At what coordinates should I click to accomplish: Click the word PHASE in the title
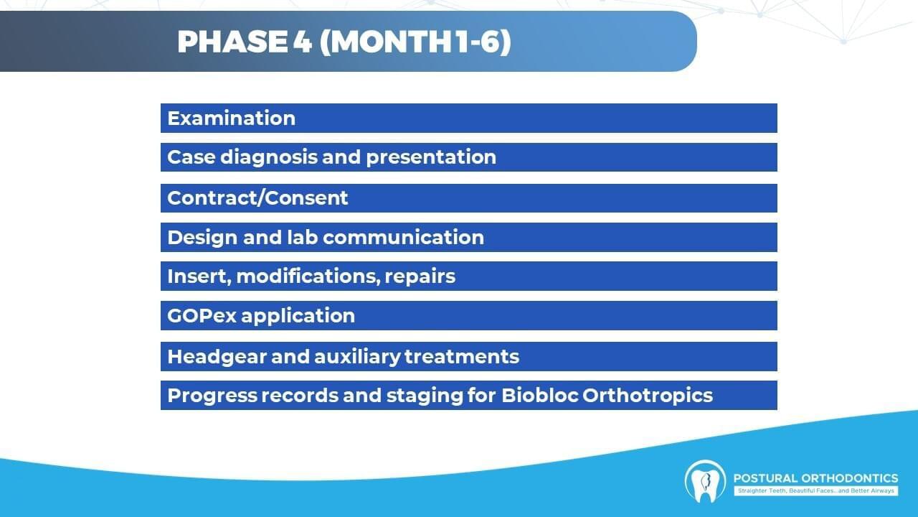232,42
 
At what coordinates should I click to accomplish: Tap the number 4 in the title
303,42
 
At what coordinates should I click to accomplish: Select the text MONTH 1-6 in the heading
415,42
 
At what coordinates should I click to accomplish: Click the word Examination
231,118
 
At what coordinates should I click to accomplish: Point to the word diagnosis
269,157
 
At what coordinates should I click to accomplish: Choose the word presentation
431,157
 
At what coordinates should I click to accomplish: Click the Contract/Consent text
257,197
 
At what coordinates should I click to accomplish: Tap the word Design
202,238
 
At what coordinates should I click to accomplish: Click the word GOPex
202,315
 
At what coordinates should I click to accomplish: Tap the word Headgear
217,357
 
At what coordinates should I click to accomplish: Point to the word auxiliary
357,357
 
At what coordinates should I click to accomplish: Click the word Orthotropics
648,396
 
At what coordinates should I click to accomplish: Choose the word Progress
212,396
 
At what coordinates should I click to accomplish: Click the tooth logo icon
705,482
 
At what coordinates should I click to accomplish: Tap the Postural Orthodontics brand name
815,478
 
